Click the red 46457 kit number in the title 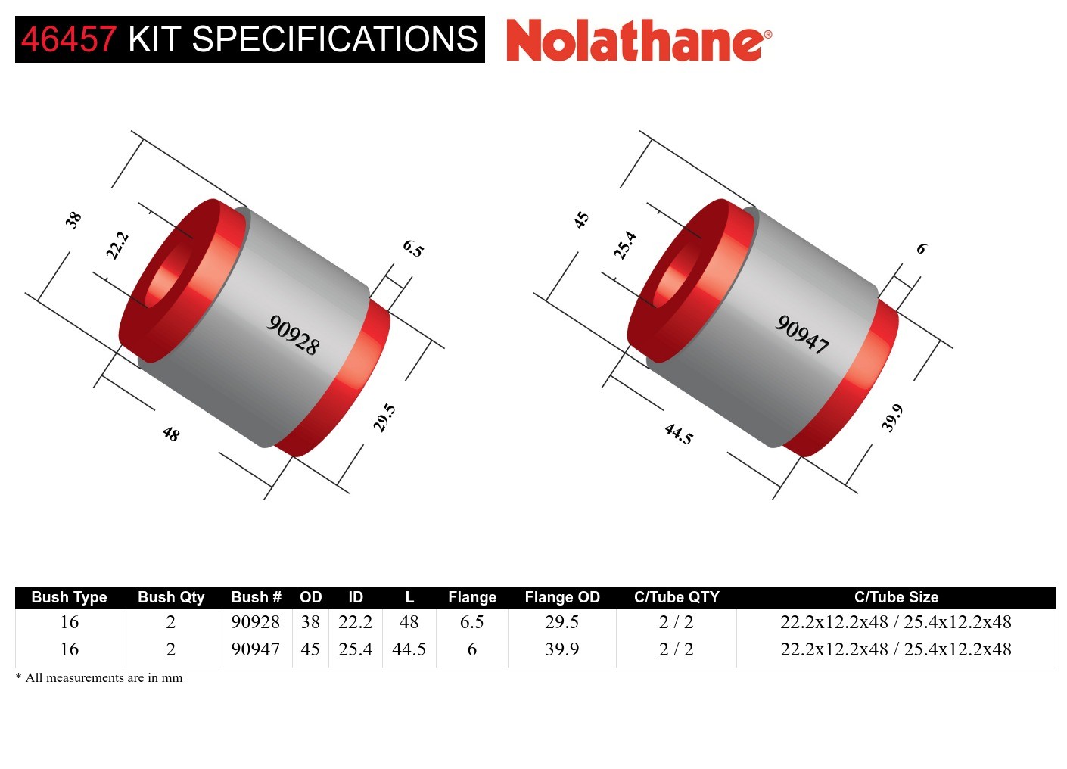pyautogui.click(x=68, y=39)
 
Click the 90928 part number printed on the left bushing pyautogui.click(x=294, y=335)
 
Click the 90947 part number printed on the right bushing pyautogui.click(x=802, y=335)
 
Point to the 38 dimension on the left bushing pyautogui.click(x=73, y=220)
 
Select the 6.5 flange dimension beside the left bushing pyautogui.click(x=413, y=248)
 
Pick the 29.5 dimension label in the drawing pyautogui.click(x=384, y=418)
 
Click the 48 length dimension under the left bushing pyautogui.click(x=171, y=434)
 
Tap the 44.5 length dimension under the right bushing pyautogui.click(x=679, y=434)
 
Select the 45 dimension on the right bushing pyautogui.click(x=581, y=220)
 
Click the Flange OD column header pyautogui.click(x=562, y=597)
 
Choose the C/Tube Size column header pyautogui.click(x=896, y=597)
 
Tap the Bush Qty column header pyautogui.click(x=171, y=597)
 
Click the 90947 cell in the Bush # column pyautogui.click(x=256, y=649)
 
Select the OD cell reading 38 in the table pyautogui.click(x=310, y=622)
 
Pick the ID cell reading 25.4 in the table pyautogui.click(x=356, y=649)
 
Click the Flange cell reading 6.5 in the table pyautogui.click(x=472, y=622)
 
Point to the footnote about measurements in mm pyautogui.click(x=99, y=678)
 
